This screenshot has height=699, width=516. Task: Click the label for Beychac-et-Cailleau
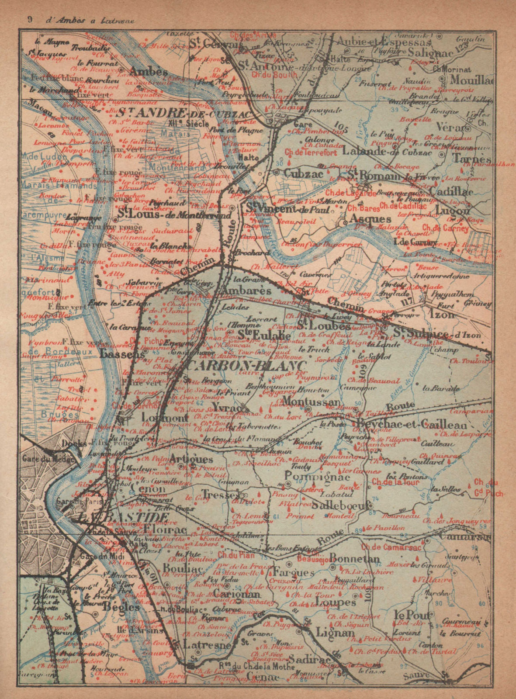412,425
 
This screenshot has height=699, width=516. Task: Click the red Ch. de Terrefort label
311,153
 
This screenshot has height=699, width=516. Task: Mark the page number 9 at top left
29,20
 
